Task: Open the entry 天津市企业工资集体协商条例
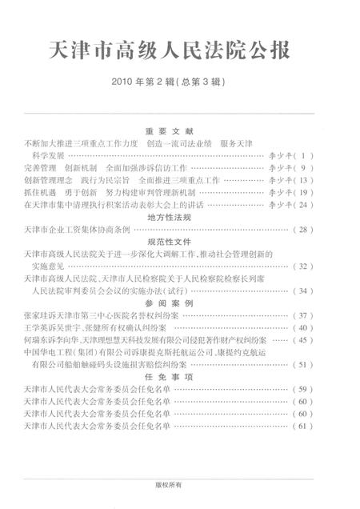tap(77, 229)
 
